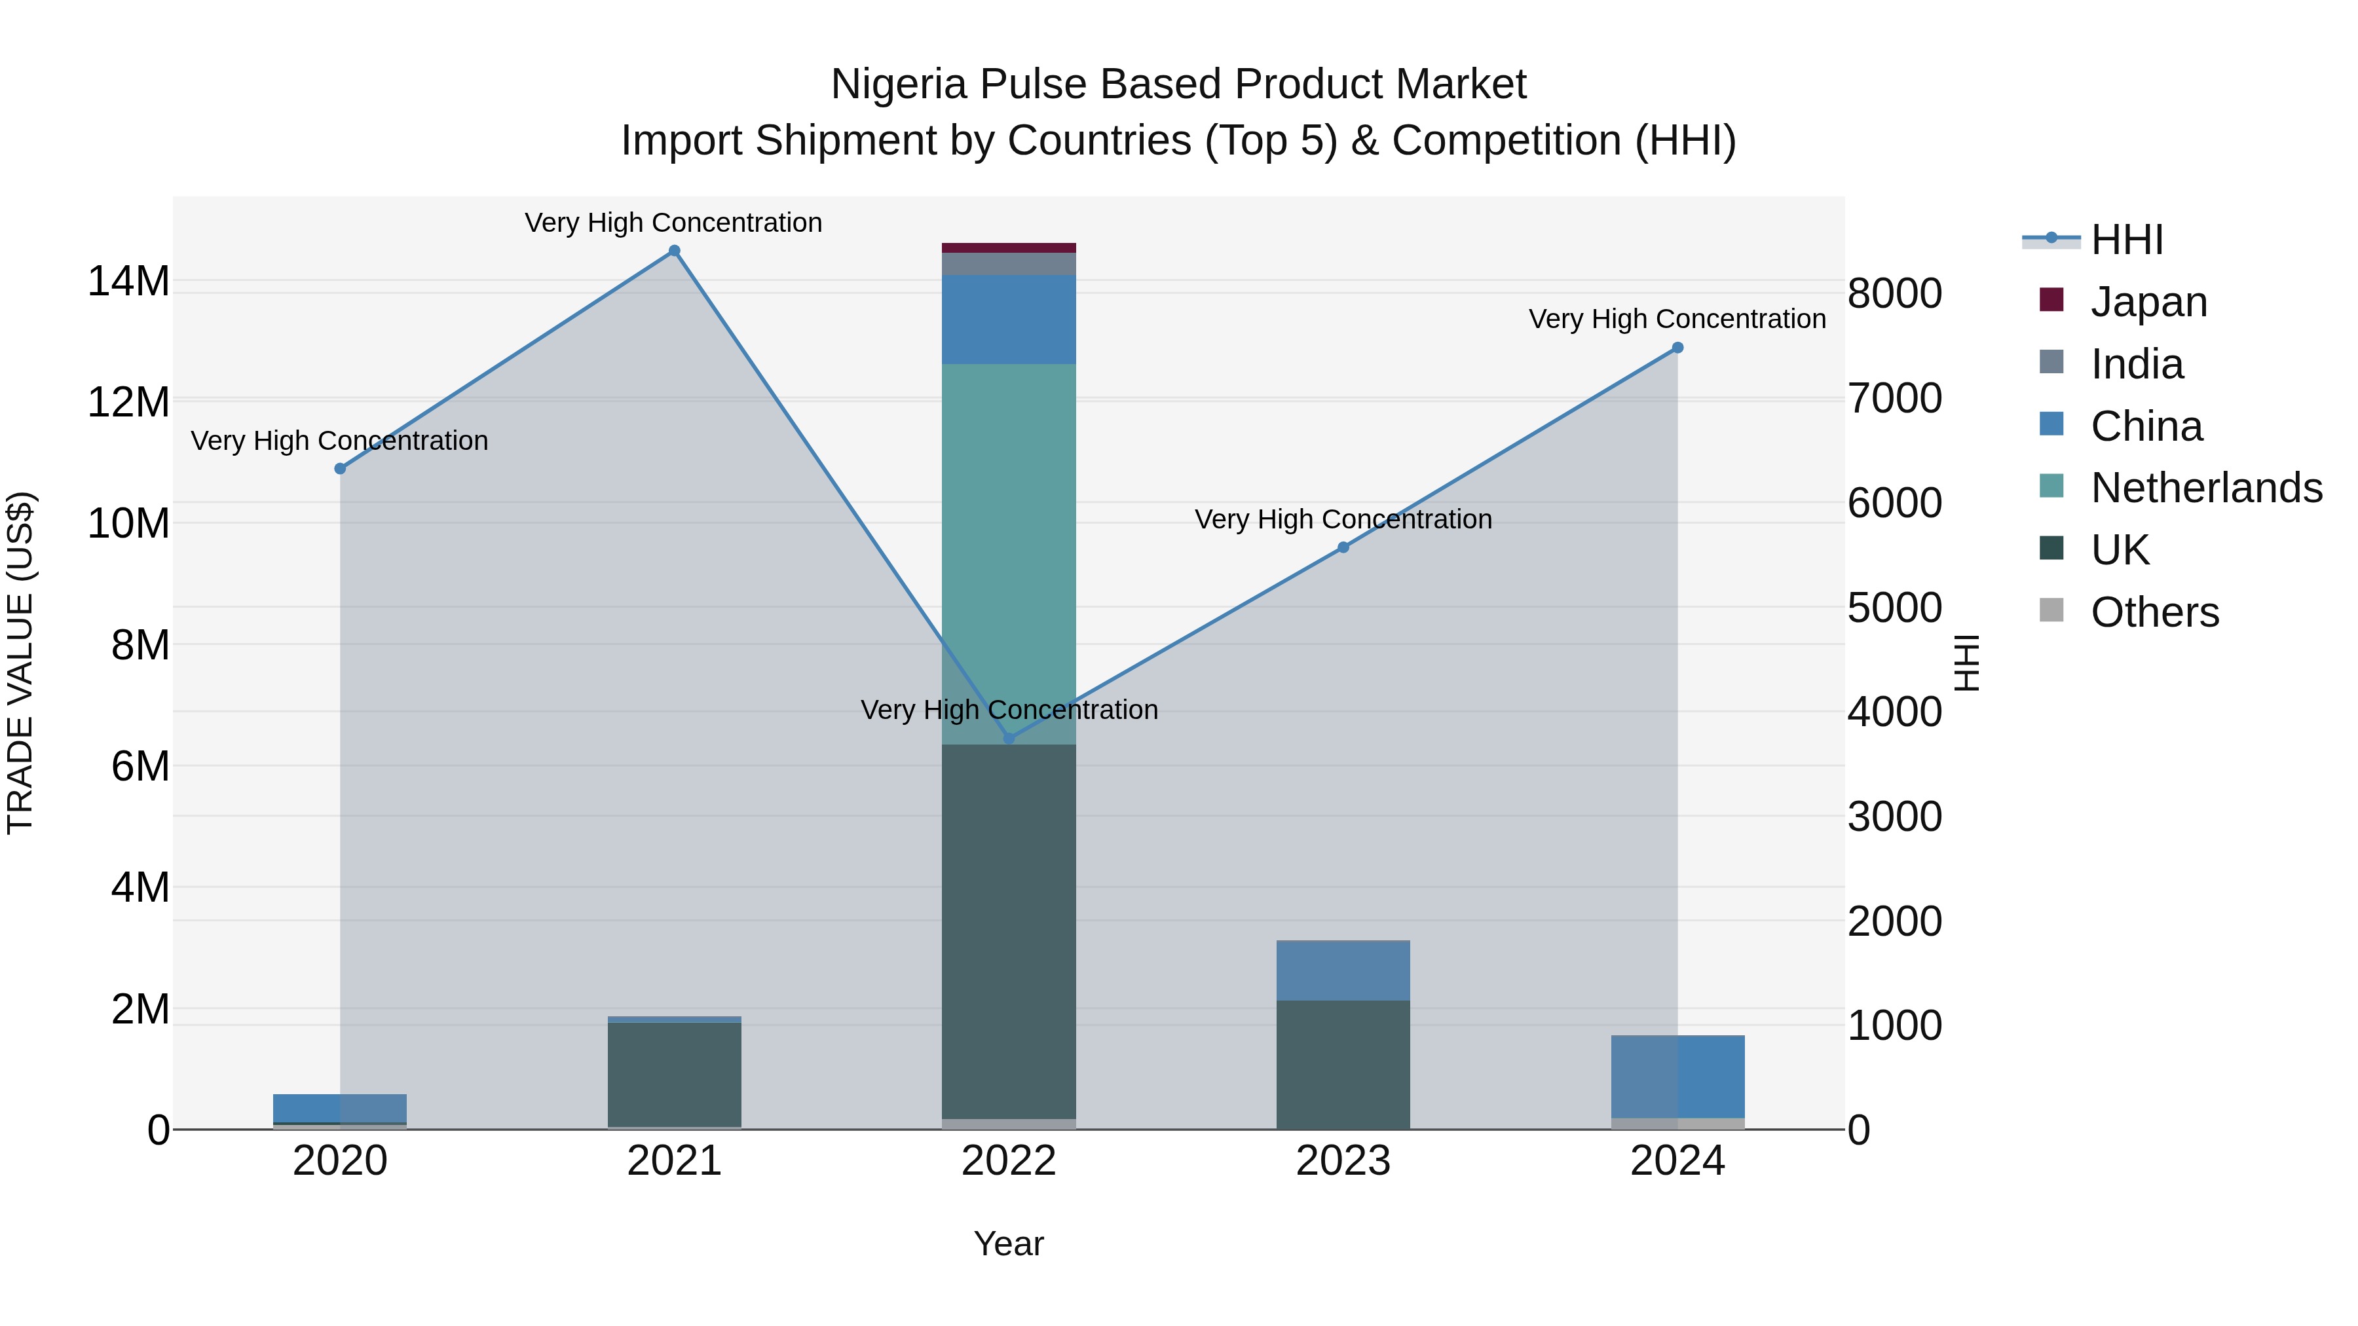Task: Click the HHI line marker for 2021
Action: (674, 251)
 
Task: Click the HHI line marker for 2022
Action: (1009, 739)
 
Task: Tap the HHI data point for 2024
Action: (1677, 348)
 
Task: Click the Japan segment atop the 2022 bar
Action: (1009, 247)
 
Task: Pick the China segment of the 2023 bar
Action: (1343, 970)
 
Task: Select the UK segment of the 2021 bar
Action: (674, 1075)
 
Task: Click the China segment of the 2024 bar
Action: (1677, 1076)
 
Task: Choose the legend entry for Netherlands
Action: (2206, 488)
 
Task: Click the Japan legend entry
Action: (2148, 302)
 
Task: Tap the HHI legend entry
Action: (2126, 240)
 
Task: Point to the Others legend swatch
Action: (2051, 610)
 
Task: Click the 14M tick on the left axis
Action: (128, 281)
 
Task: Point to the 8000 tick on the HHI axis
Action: (1894, 294)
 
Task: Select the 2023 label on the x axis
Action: (1343, 1161)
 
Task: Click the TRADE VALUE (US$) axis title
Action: (20, 663)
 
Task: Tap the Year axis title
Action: (1009, 1243)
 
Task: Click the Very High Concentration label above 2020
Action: (339, 441)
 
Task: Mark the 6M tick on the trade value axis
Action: (140, 766)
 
